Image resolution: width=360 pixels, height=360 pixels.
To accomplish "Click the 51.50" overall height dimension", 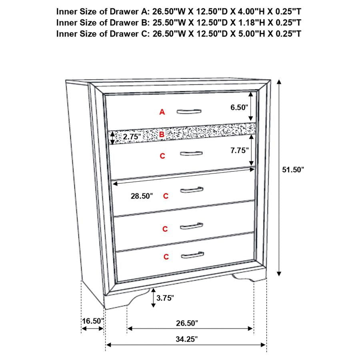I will pyautogui.click(x=293, y=170).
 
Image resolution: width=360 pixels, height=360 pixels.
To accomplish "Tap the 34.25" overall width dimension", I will pyautogui.click(x=187, y=339).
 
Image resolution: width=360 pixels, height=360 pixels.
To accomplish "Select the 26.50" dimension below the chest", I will pyautogui.click(x=187, y=322).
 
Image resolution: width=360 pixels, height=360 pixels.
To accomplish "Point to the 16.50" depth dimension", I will pyautogui.click(x=93, y=321).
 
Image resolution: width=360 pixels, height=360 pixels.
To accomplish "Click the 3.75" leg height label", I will pyautogui.click(x=165, y=298).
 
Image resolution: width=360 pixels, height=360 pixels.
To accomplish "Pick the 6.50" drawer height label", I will pyautogui.click(x=239, y=107).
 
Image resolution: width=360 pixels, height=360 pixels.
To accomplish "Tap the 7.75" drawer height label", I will pyautogui.click(x=239, y=150).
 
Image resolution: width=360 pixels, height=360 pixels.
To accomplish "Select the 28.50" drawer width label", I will pyautogui.click(x=142, y=196).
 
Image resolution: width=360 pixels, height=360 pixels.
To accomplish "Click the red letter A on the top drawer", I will pyautogui.click(x=162, y=112).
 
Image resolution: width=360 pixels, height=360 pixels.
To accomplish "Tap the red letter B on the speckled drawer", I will pyautogui.click(x=162, y=135).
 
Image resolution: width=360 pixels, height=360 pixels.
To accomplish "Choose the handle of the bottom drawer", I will pyautogui.click(x=192, y=255).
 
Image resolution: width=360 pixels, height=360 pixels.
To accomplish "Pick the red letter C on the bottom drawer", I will pyautogui.click(x=166, y=257).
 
